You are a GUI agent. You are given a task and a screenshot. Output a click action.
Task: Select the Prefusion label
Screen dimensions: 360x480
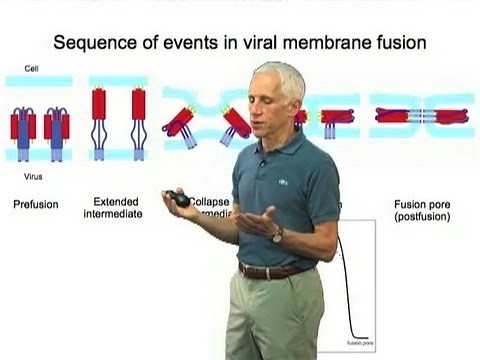(x=36, y=205)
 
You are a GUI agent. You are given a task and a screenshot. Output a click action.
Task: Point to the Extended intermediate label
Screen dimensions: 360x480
(x=116, y=207)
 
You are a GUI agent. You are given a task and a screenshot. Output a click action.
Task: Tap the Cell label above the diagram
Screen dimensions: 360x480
(x=32, y=69)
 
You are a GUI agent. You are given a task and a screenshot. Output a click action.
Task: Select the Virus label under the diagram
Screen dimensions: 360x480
(x=33, y=170)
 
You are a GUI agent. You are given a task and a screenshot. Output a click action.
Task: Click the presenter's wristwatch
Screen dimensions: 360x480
(x=278, y=234)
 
